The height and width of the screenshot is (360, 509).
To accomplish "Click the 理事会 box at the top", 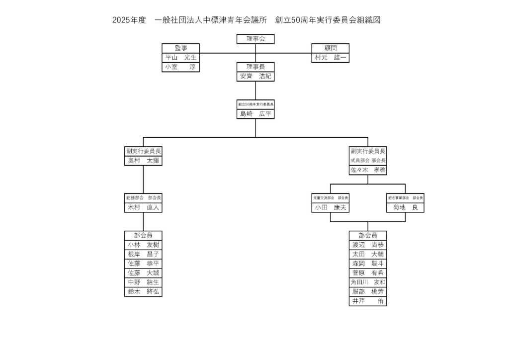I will pos(255,39).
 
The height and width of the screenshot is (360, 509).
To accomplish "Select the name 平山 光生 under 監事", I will pos(180,58).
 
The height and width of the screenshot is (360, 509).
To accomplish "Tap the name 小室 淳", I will pos(180,67).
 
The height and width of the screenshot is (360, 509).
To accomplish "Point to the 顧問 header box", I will pos(330,48).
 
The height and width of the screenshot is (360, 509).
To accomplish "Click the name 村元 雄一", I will pos(330,58).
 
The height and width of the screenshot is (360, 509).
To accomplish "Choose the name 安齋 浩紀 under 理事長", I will pos(255,76).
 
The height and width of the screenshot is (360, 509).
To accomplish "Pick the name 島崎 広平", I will pos(255,114).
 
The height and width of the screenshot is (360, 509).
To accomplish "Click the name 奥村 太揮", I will pos(143,161).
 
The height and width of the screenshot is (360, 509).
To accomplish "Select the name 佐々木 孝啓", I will pos(368,170).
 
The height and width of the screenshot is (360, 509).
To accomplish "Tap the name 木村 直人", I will pos(143,207).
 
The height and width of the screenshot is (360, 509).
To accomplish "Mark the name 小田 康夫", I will pos(330,207).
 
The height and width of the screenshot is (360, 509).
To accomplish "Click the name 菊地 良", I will pos(405,207).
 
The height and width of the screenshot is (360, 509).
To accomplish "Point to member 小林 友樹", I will pos(143,245).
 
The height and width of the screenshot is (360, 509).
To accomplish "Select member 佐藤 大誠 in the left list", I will pos(143,273).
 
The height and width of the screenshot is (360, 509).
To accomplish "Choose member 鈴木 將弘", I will pos(143,292).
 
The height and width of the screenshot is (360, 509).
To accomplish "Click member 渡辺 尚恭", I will pos(368,245).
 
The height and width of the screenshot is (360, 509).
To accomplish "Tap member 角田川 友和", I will pos(368,282).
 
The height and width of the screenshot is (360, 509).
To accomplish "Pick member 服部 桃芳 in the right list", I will pos(368,291).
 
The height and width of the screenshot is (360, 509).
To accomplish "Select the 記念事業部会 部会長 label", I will pos(405,198).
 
